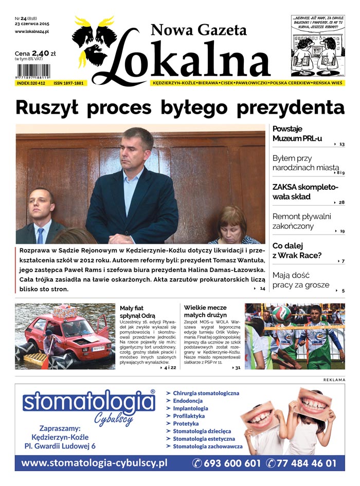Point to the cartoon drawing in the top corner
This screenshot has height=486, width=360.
(318, 46)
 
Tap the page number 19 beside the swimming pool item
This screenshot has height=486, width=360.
(342, 231)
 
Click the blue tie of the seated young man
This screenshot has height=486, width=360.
(40, 235)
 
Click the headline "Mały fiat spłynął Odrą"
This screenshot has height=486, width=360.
(137, 311)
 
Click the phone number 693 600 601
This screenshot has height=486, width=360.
(227, 463)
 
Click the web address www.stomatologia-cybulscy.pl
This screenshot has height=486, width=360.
(95, 463)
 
